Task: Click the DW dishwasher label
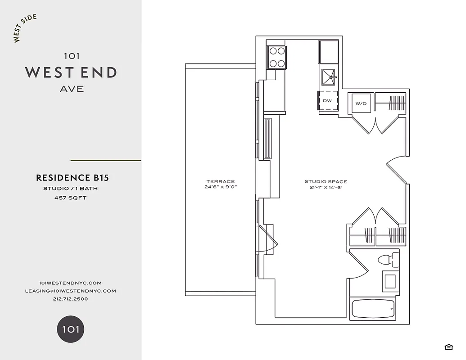[x=327, y=101]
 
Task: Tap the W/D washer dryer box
[x=361, y=103]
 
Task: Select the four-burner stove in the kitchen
[x=277, y=57]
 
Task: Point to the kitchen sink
[x=329, y=77]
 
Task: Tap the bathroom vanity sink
[x=390, y=281]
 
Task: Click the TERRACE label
[x=221, y=181]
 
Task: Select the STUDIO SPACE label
[x=326, y=182]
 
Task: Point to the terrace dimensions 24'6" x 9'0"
[x=221, y=187]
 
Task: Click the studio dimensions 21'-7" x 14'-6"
[x=326, y=188]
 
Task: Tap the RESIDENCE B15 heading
[x=72, y=178]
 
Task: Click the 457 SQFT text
[x=70, y=198]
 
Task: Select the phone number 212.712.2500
[x=70, y=299]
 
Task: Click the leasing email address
[x=71, y=291]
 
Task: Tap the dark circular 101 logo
[x=71, y=329]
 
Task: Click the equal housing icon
[x=448, y=346]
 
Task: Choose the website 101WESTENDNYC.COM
[x=71, y=283]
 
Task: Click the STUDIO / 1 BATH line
[x=70, y=189]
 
